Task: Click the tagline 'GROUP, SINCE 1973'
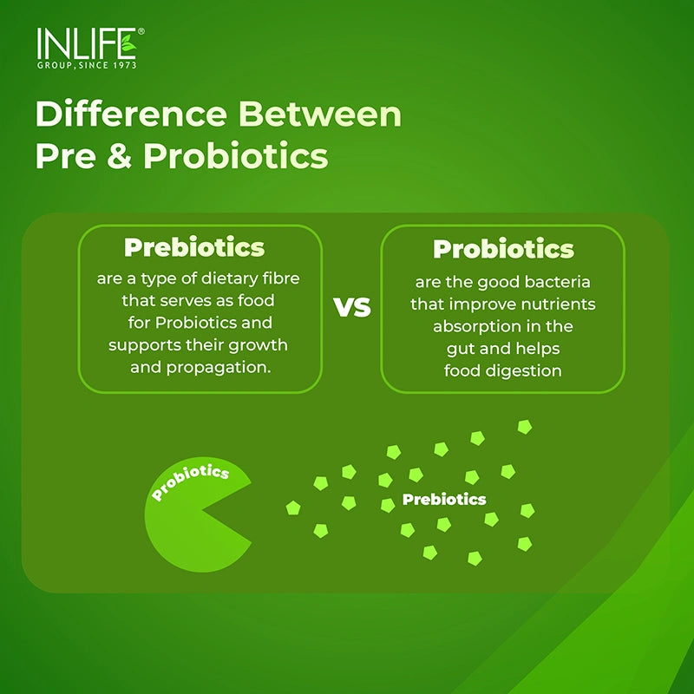coord(86,65)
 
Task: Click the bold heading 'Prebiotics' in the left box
coord(194,247)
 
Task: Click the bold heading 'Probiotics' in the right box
coord(503,249)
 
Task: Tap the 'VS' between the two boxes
coord(352,307)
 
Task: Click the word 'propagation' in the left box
coord(224,367)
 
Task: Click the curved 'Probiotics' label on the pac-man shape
coord(190,482)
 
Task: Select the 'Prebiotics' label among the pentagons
coord(444,500)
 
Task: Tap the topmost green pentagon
coord(524,426)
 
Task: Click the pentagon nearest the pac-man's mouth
coord(293,507)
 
